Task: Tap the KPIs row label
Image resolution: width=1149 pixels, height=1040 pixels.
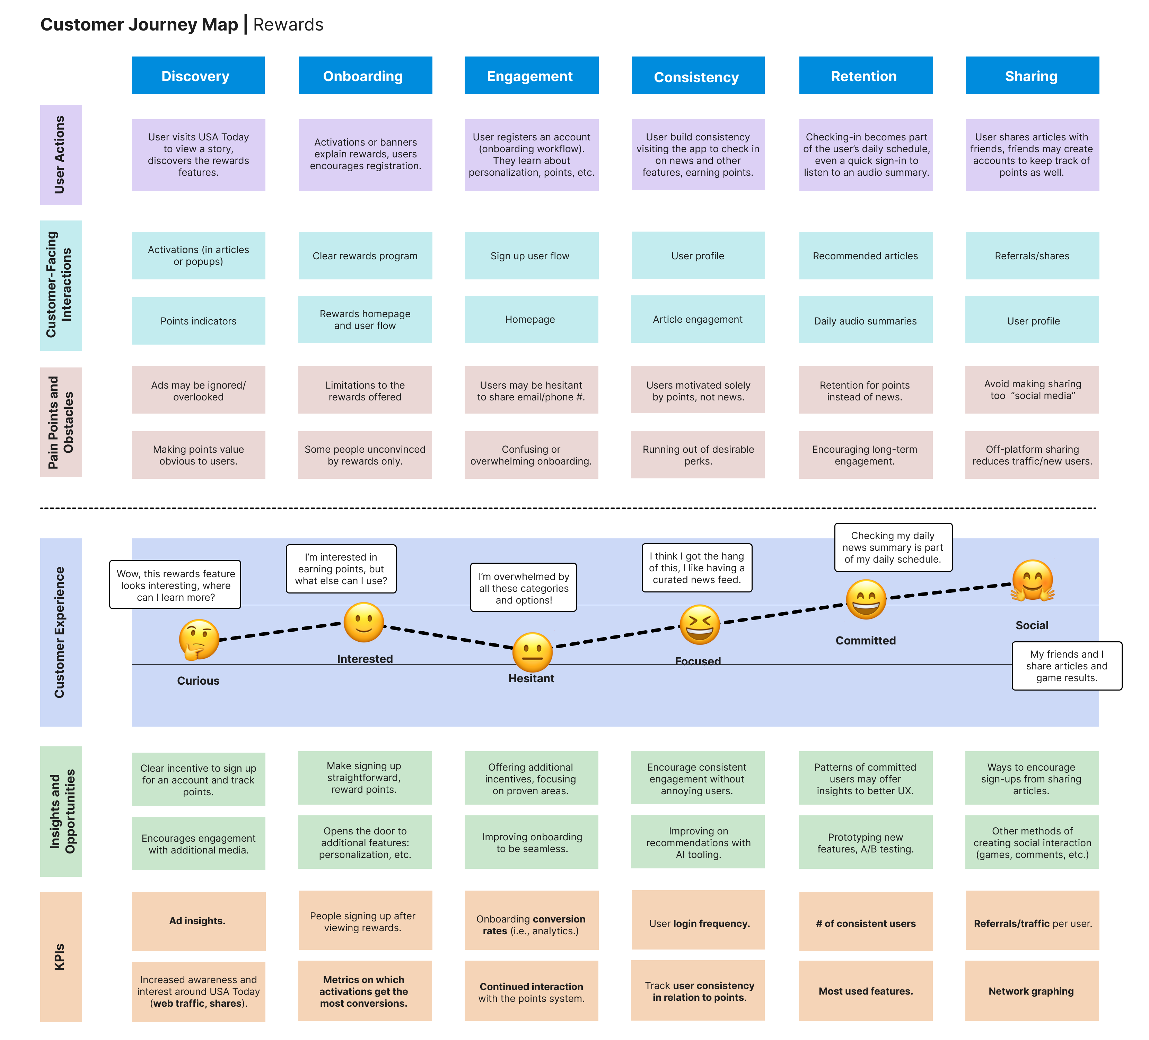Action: point(60,956)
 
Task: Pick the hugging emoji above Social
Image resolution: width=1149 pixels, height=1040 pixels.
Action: point(1032,580)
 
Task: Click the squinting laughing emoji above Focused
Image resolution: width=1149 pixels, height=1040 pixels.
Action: point(699,624)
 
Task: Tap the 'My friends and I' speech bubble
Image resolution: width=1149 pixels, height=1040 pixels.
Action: point(1066,665)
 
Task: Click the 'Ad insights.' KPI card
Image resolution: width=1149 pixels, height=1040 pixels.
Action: point(198,920)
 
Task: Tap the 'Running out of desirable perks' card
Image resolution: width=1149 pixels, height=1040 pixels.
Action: point(698,454)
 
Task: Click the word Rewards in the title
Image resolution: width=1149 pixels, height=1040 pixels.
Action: point(288,25)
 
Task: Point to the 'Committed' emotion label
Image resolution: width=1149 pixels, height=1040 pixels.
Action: point(865,640)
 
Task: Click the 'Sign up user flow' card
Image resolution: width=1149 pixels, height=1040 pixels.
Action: point(530,255)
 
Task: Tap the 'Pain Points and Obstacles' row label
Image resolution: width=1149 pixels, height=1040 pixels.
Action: point(60,422)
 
